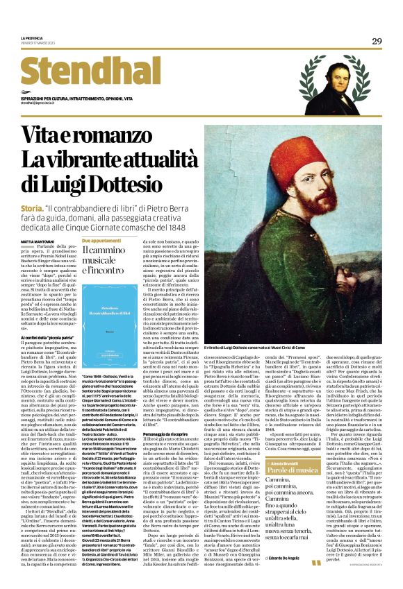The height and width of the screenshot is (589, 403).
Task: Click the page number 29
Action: tap(376, 42)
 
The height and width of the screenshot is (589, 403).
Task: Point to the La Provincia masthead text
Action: tap(31, 37)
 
